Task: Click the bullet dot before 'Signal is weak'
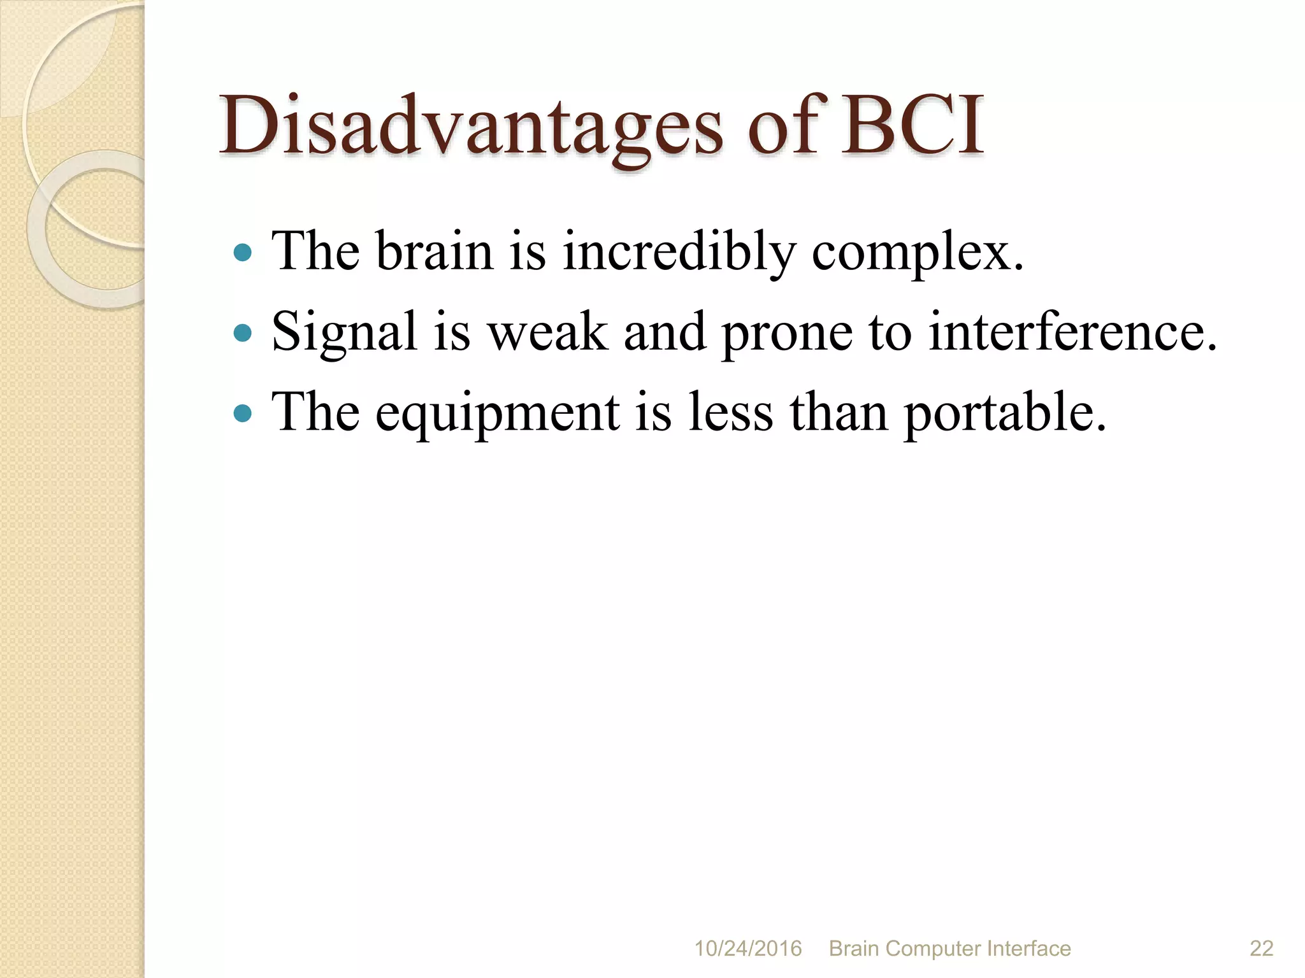coord(242,332)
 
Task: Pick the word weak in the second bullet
coord(548,332)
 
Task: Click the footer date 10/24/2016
coord(747,949)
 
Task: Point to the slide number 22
coord(1261,949)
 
